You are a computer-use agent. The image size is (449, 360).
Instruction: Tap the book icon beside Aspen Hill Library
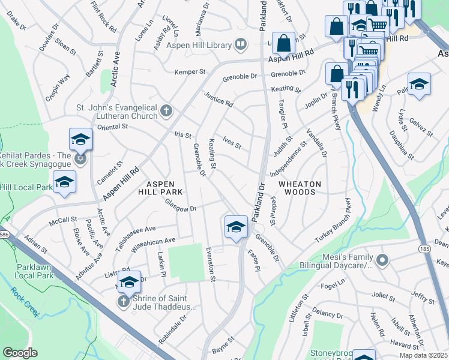pos(240,44)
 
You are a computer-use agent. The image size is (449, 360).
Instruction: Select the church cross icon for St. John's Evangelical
pos(166,110)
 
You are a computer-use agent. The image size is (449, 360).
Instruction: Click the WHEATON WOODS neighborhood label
pos(300,188)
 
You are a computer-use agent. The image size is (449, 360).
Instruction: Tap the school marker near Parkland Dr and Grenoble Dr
pos(237,227)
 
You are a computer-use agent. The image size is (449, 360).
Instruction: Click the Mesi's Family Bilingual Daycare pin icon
pos(382,260)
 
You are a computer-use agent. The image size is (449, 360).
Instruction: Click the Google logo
pos(20,353)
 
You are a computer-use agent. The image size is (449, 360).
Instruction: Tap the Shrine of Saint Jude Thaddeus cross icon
pos(124,301)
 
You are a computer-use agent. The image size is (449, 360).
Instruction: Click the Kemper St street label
pos(190,72)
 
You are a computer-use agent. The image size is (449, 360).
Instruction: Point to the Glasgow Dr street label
pos(181,208)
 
